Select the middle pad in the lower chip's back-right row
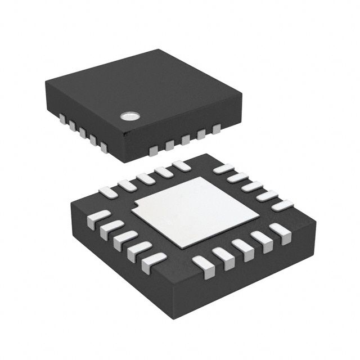click(x=253, y=186)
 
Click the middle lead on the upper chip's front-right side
click(x=185, y=140)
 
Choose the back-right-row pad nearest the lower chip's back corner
click(x=224, y=168)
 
